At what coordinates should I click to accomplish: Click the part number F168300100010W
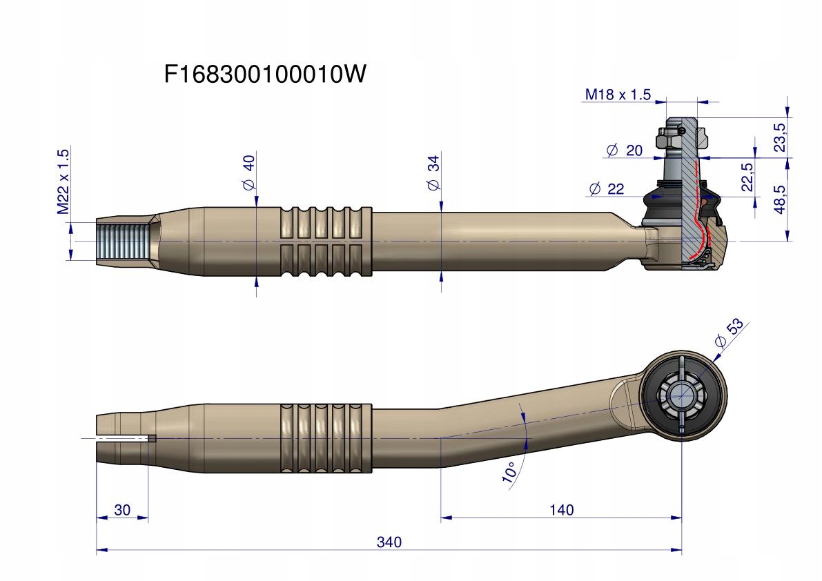pos(264,75)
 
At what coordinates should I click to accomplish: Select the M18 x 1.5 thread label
pos(617,95)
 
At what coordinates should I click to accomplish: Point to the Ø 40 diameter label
pos(248,173)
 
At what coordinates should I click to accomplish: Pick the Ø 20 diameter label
pos(624,150)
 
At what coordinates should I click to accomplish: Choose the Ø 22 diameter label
pos(606,189)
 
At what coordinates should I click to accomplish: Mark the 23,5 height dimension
pos(780,137)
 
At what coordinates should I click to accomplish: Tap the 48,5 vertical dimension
pos(780,200)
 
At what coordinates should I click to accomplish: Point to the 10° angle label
pos(510,472)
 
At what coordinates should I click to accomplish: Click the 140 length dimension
pos(562,510)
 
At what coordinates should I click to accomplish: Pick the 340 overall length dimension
pos(389,542)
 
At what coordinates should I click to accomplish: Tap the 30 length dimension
pos(122,510)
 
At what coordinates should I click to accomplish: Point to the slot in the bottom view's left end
pos(124,438)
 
